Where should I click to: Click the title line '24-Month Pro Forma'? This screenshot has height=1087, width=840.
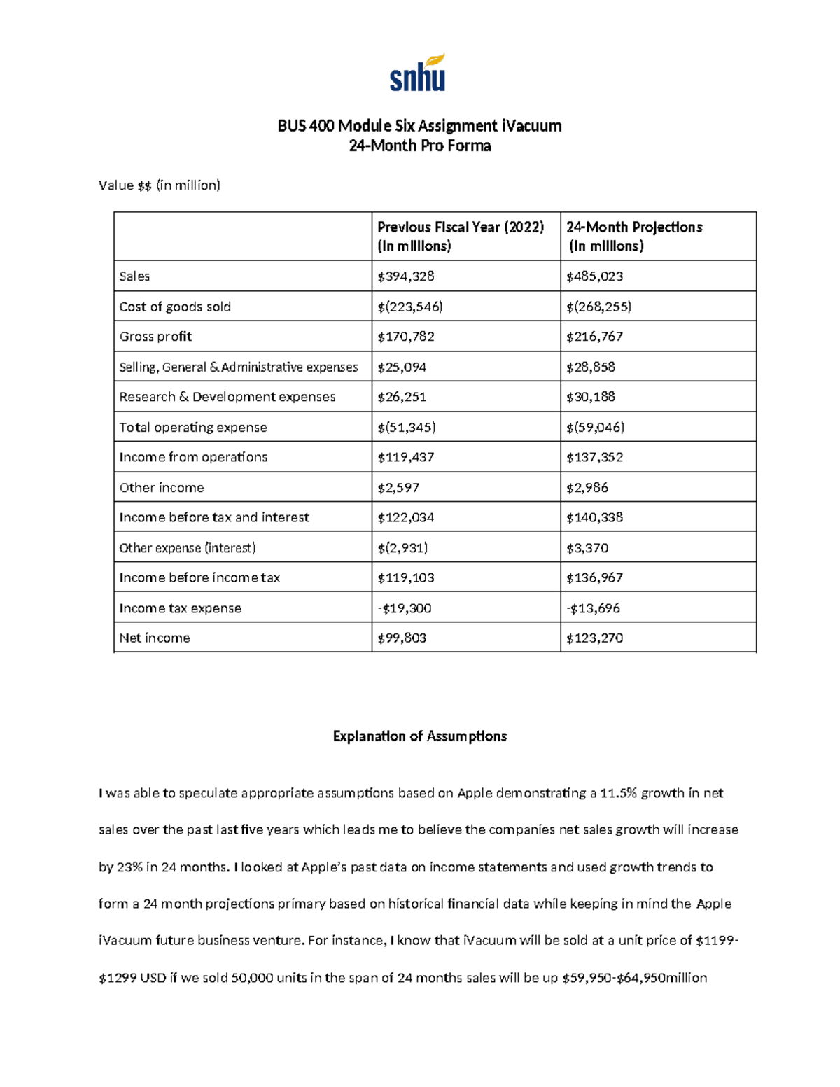point(420,146)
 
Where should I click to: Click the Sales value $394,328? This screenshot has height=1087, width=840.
point(406,276)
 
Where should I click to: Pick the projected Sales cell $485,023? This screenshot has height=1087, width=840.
point(594,276)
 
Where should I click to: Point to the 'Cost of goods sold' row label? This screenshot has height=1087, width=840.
point(175,307)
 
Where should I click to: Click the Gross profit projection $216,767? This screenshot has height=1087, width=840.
point(594,337)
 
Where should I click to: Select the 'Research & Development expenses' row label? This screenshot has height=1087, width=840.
point(227,397)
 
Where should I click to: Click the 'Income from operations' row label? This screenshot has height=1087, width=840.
point(193,457)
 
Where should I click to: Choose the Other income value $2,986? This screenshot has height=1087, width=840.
point(587,488)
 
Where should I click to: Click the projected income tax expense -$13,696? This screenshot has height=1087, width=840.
point(593,608)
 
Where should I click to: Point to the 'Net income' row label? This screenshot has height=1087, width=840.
point(155,638)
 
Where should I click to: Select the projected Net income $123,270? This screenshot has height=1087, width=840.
point(594,638)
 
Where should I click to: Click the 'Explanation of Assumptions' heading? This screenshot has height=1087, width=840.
point(420,736)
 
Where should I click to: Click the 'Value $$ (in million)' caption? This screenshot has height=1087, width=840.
point(160,185)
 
